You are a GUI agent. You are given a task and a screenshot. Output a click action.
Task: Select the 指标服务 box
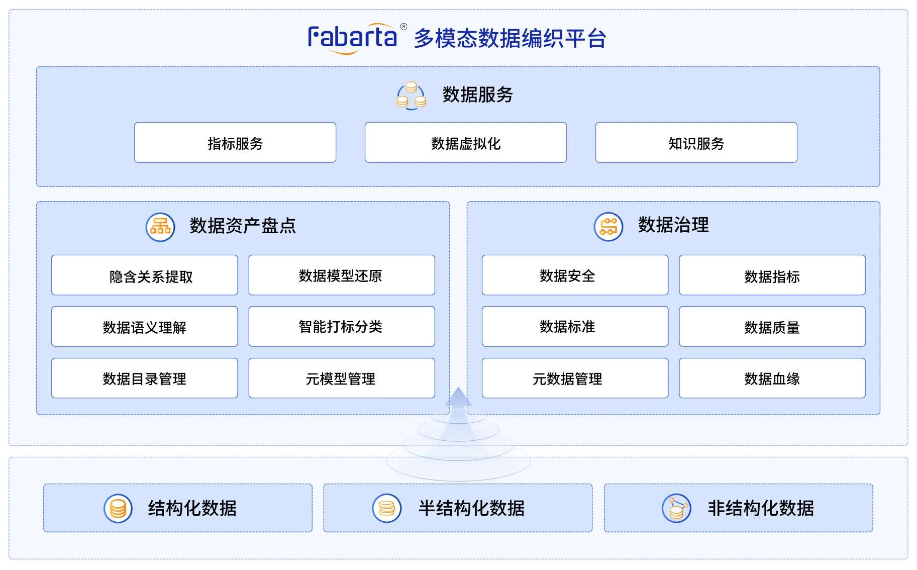235,143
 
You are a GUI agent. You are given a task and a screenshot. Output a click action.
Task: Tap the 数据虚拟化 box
466,143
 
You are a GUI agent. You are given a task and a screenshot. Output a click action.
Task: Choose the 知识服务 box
696,143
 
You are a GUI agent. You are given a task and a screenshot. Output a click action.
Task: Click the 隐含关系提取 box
145,275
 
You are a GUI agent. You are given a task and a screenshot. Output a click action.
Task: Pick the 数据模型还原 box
342,275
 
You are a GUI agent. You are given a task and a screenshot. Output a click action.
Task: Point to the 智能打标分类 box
342,327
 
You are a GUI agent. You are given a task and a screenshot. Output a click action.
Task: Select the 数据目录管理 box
145,378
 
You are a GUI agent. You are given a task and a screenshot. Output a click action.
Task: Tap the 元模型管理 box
342,378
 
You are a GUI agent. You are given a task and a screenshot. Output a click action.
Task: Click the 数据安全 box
575,275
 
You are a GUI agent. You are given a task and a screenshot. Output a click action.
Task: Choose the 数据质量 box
772,327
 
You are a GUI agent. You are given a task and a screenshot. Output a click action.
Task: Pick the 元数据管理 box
575,378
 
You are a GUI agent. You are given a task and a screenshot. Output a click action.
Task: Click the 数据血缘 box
772,378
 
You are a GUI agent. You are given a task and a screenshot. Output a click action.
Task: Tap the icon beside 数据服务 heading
412,96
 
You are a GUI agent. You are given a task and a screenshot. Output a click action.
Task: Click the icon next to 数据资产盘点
160,227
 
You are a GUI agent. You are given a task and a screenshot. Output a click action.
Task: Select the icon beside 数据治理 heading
608,227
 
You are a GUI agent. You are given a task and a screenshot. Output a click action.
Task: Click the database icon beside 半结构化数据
387,508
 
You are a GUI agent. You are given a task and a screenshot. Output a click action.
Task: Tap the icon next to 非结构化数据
677,508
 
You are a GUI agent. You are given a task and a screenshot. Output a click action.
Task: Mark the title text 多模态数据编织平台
510,39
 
